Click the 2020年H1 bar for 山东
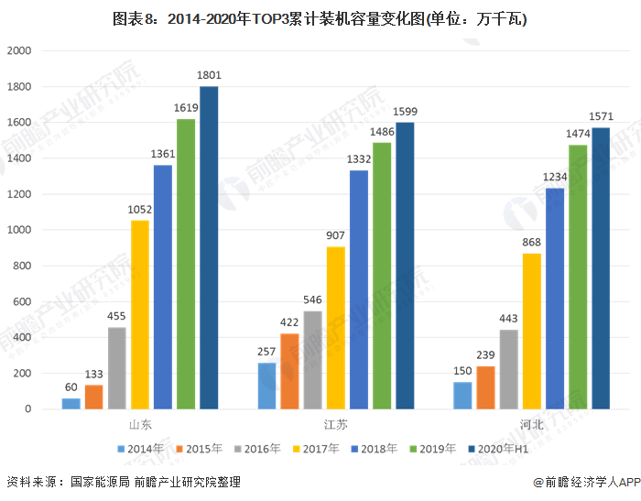coord(209,247)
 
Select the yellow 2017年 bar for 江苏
coord(336,328)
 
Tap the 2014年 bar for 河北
coord(462,395)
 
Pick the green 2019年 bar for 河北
coord(578,277)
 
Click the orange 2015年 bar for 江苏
coord(289,371)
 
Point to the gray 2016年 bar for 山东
coord(117,367)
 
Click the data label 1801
coord(209,75)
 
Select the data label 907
coord(336,235)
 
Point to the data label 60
coord(71,387)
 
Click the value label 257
coord(266,352)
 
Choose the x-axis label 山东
coord(140,425)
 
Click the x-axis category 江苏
coord(336,425)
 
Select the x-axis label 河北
coord(532,425)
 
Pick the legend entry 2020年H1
coord(499,449)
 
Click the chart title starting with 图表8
coord(320,18)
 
